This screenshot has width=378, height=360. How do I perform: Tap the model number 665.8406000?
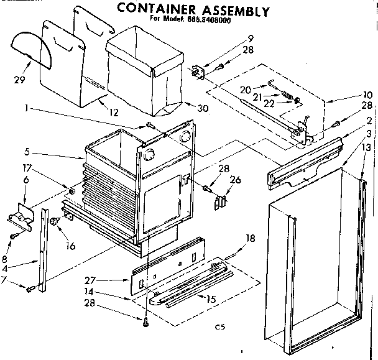213,20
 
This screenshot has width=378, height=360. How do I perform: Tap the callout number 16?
70,246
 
